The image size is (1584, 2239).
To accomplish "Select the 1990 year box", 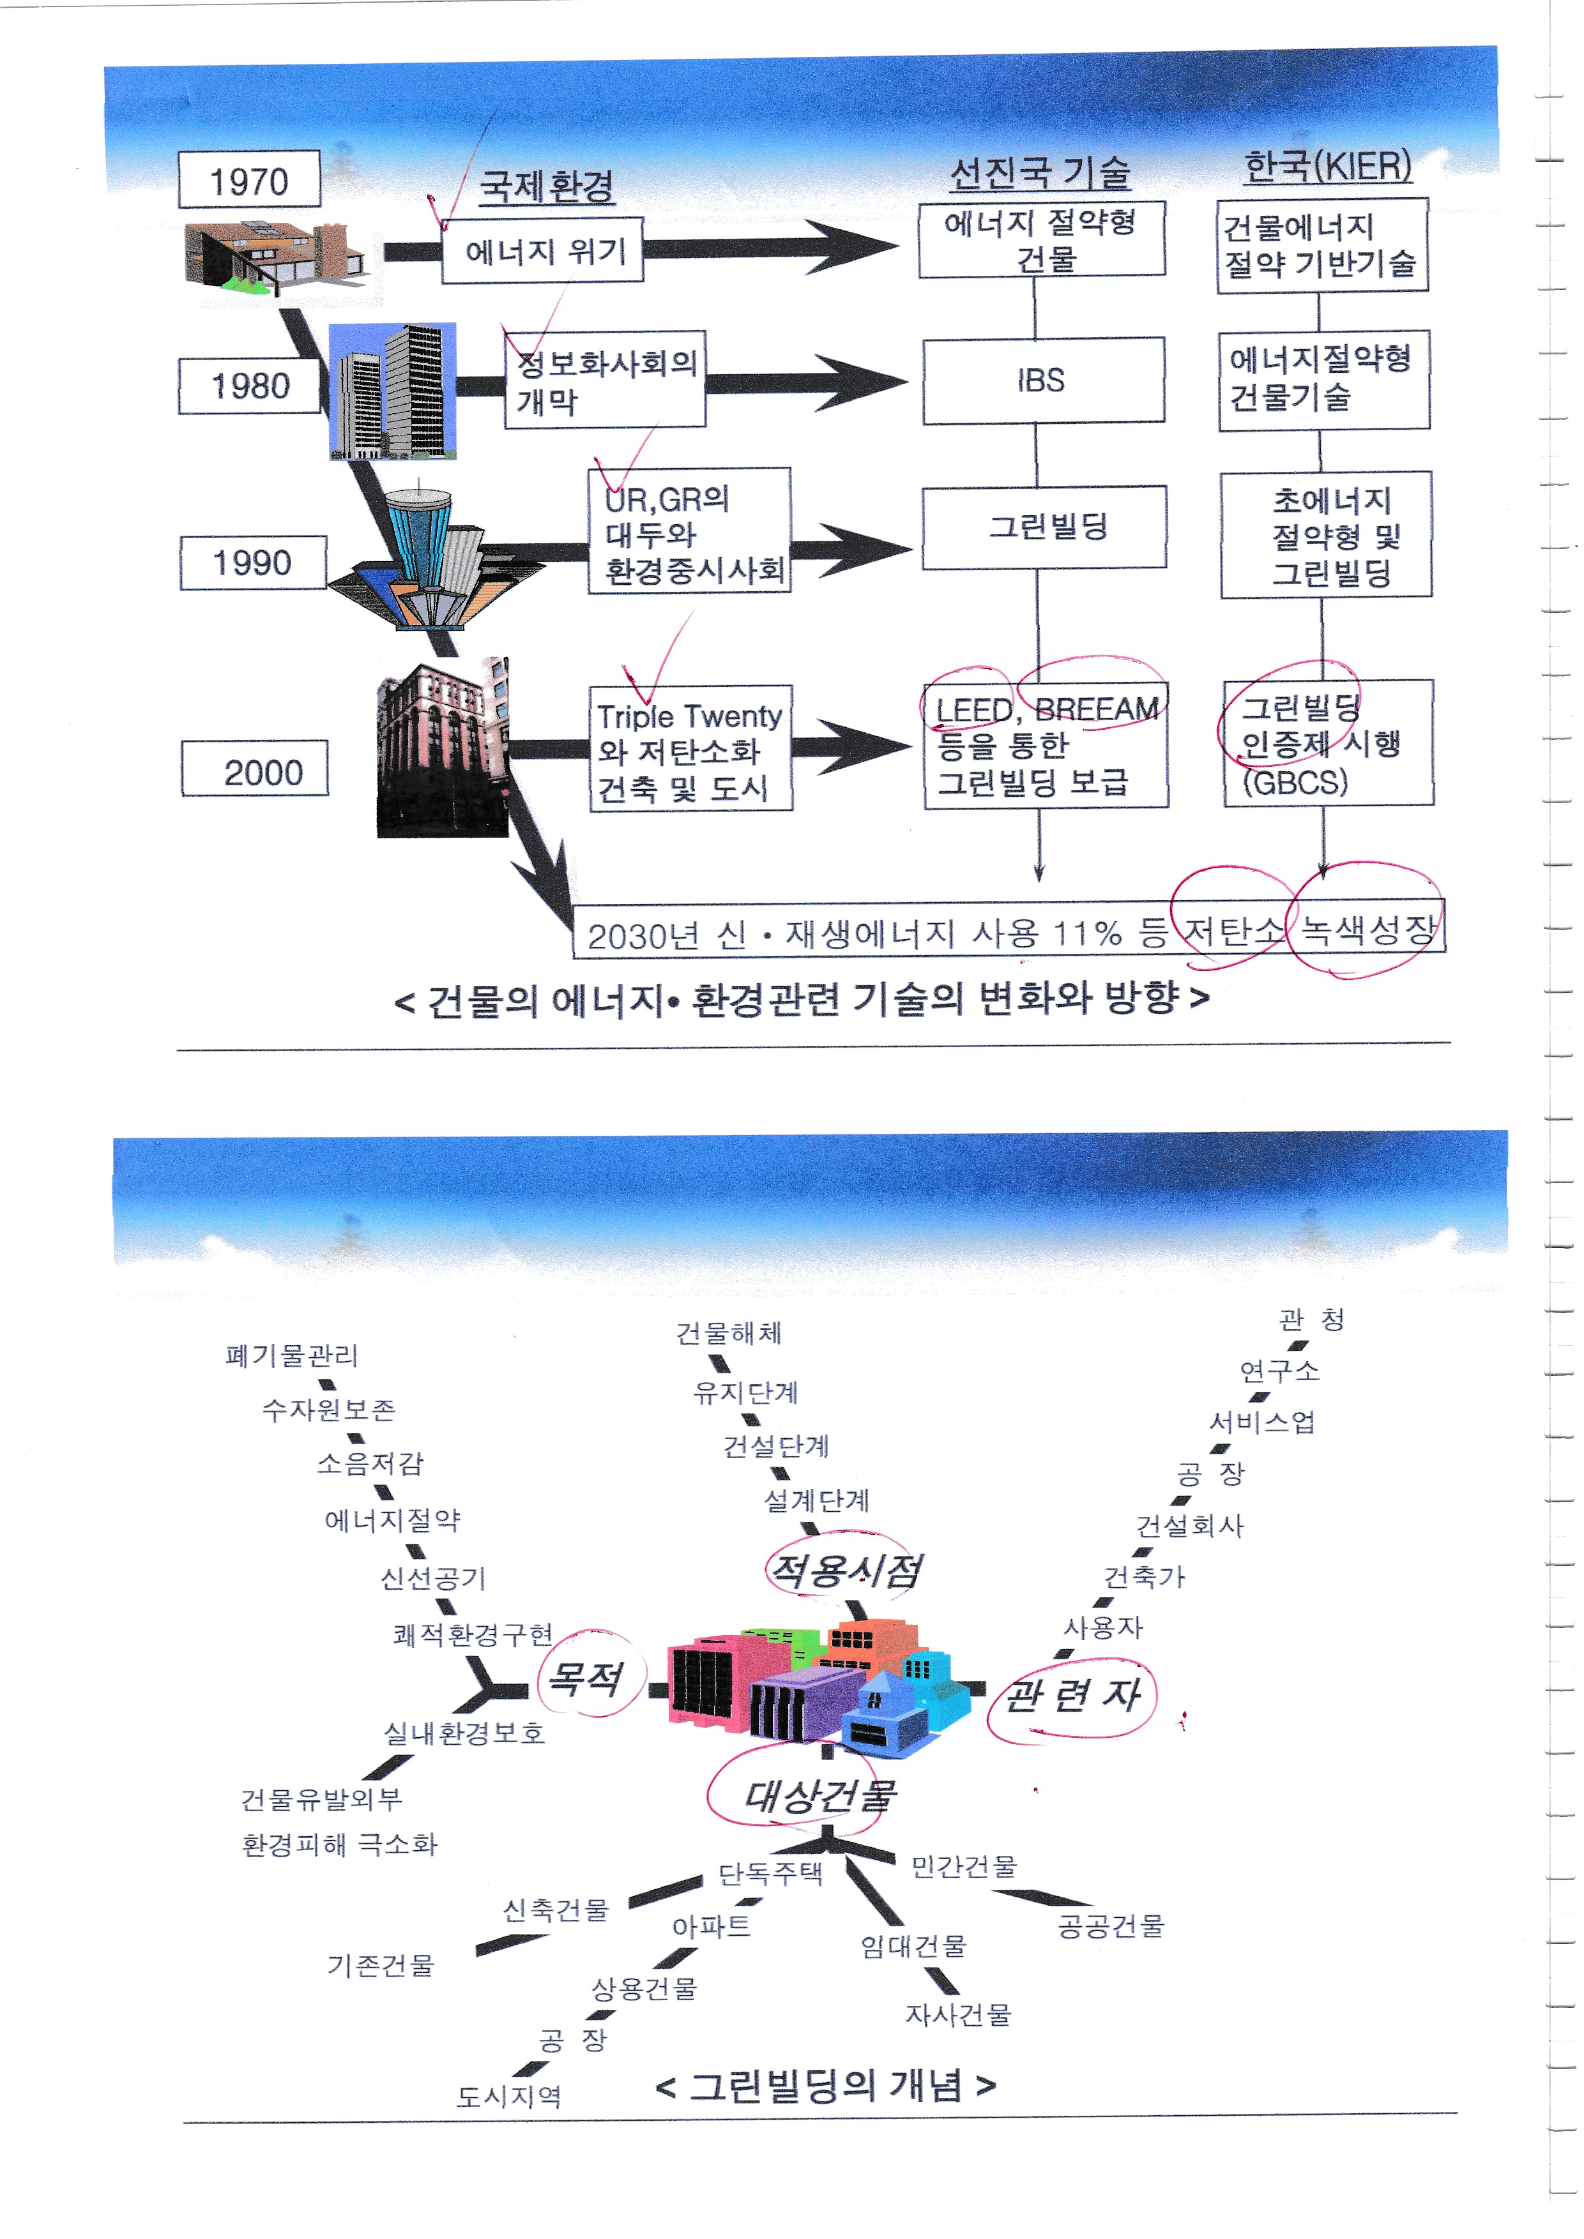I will [x=253, y=562].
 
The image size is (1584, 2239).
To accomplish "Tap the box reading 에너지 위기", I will [x=544, y=252].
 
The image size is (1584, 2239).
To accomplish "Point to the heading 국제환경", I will [x=547, y=185].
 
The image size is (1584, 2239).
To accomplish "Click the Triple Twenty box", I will [x=690, y=749].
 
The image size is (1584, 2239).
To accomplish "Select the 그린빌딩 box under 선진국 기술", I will [x=1045, y=527].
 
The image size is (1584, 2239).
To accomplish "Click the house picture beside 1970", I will [x=273, y=255].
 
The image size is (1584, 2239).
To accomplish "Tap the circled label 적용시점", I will [x=844, y=1570].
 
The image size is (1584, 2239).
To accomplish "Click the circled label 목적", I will [x=585, y=1678].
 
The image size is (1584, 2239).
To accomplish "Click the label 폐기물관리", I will [x=292, y=1355].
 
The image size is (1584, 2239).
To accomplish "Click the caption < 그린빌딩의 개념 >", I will [x=825, y=2086].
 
